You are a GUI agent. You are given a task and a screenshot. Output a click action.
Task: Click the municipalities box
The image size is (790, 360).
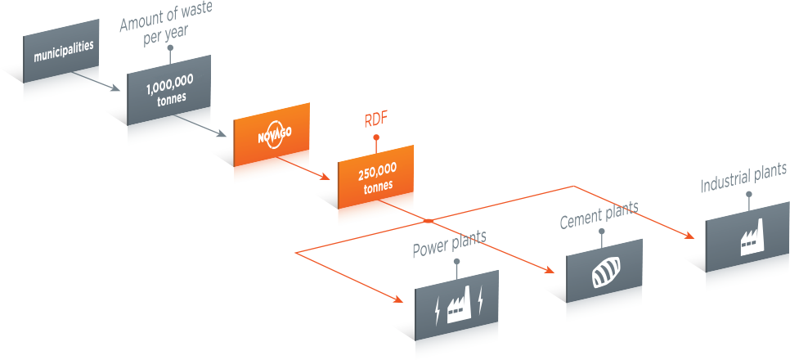point(61,51)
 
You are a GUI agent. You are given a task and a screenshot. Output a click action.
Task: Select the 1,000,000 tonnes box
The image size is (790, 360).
point(168,90)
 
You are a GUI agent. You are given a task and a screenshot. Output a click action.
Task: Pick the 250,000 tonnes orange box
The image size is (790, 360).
point(375,177)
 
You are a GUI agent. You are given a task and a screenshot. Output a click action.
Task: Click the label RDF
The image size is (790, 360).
point(375,122)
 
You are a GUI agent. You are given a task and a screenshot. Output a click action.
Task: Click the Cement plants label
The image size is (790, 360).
point(599,214)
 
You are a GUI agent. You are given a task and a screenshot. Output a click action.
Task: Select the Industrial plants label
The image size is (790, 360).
point(743,178)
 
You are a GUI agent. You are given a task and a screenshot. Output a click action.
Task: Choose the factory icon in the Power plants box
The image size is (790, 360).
point(459,305)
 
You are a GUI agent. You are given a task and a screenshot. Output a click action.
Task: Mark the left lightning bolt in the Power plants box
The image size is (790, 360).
point(437,312)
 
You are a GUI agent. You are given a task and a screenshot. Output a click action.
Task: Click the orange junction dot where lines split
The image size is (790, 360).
point(429,221)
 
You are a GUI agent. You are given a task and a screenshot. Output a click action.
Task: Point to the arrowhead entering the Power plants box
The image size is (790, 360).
point(397,299)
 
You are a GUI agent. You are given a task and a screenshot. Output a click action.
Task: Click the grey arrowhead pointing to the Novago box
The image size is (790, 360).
point(221,133)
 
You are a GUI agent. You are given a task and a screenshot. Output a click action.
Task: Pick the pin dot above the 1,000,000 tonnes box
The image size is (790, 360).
point(170,48)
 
